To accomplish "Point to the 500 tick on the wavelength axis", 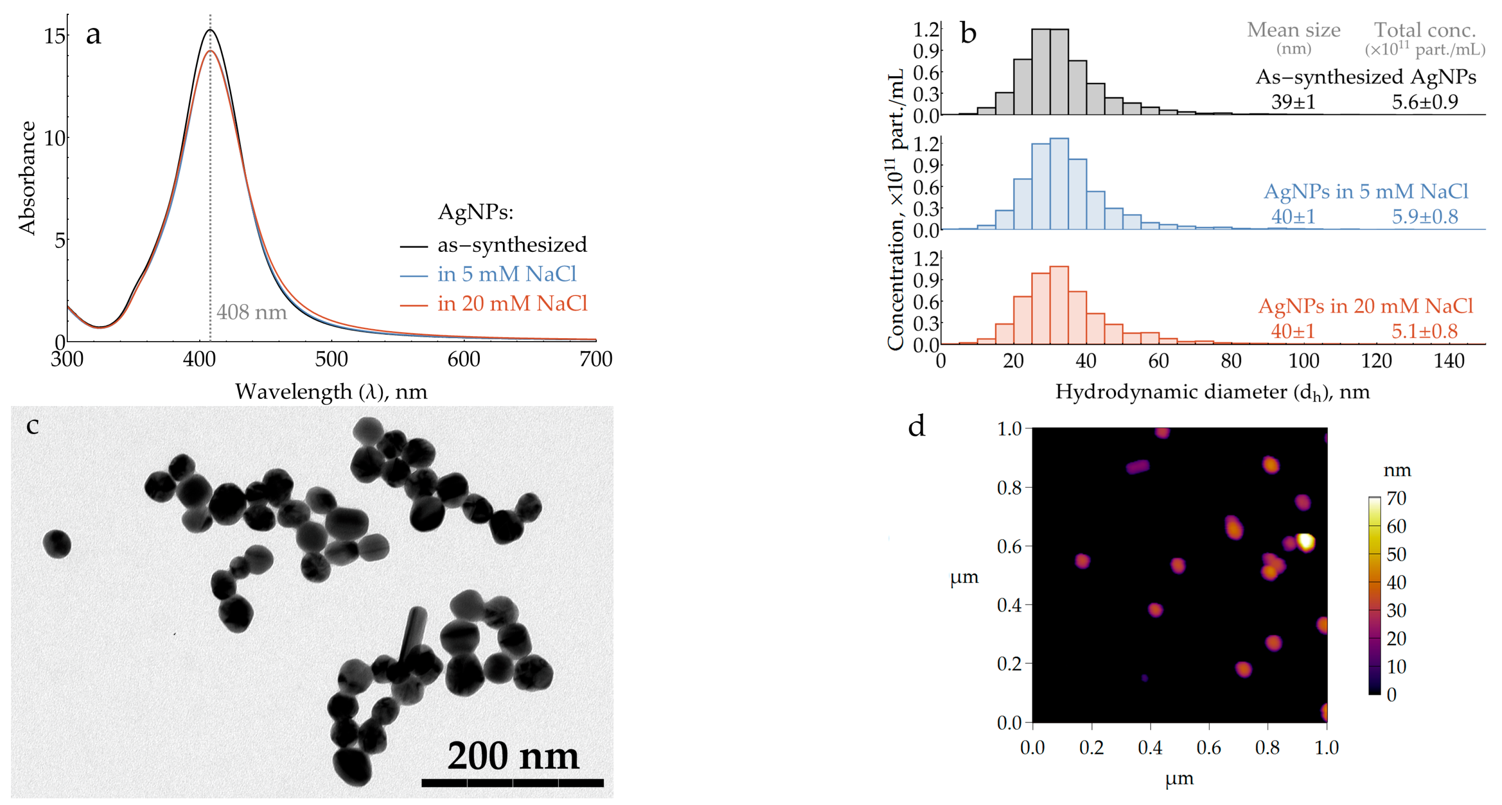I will click(331, 359).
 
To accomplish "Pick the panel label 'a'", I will click(93, 35).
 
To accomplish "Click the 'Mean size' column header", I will click(1293, 30).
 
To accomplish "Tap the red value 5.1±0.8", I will click(1424, 331).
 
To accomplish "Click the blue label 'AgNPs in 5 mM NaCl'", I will click(1365, 191).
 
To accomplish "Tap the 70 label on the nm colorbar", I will click(1396, 498).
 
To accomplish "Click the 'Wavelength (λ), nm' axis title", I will click(331, 392).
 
